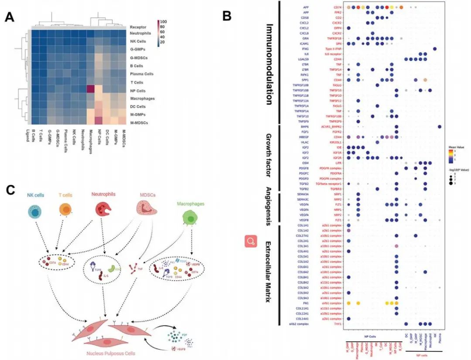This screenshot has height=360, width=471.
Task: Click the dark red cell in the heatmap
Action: (x=91, y=89)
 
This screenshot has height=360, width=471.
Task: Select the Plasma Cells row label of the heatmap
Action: (x=141, y=74)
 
